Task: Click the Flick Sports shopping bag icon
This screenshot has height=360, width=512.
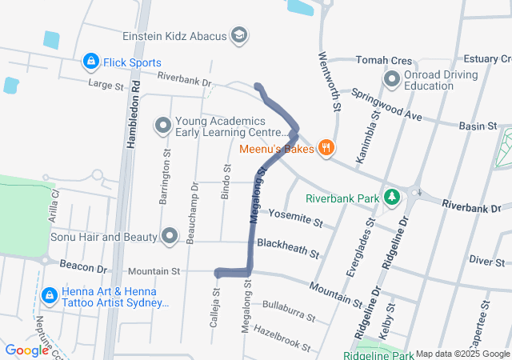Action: click(x=90, y=62)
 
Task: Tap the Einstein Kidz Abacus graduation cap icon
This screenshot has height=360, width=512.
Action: click(x=238, y=36)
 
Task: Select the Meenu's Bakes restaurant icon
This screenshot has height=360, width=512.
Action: click(x=326, y=148)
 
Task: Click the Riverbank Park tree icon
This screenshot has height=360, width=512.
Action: click(x=392, y=197)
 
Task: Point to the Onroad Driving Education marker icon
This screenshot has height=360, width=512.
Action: click(x=392, y=80)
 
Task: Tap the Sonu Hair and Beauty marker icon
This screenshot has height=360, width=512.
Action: click(x=170, y=236)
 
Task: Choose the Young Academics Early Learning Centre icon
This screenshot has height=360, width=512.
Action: click(x=163, y=126)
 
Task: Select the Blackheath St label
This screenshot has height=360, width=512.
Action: click(x=288, y=248)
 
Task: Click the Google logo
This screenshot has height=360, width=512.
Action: click(x=26, y=350)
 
